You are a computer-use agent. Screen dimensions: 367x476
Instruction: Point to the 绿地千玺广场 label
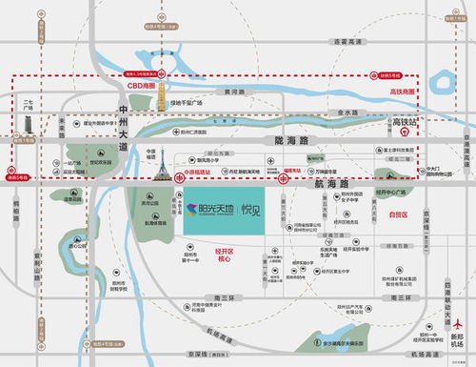[187, 101]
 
